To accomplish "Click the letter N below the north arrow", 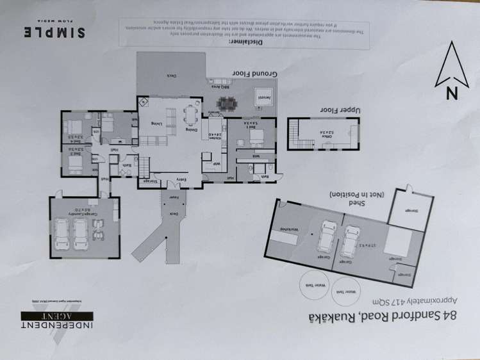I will [x=452, y=92].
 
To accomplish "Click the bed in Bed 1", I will [x=251, y=136].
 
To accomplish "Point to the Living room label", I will [x=156, y=123].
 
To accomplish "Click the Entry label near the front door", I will [x=181, y=179].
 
